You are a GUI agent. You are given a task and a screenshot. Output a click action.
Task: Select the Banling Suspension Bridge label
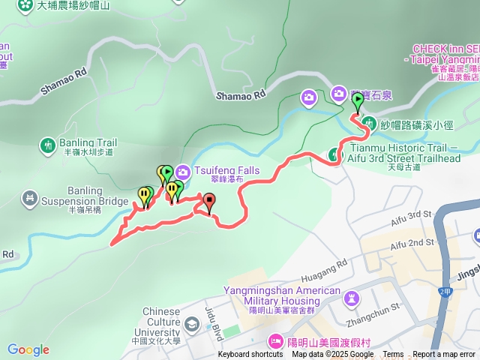[73, 196]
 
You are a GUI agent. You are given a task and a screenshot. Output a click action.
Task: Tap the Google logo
[28, 349]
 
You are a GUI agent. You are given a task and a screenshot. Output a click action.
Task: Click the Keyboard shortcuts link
[250, 355]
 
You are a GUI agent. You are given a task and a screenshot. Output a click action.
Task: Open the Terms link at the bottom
[393, 355]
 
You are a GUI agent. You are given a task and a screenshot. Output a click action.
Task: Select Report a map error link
[444, 355]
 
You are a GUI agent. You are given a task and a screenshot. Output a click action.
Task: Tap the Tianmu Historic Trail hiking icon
[335, 155]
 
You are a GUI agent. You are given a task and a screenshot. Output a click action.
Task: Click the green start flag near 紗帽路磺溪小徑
[358, 99]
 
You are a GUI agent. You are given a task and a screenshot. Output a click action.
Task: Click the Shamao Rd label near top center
[241, 95]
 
